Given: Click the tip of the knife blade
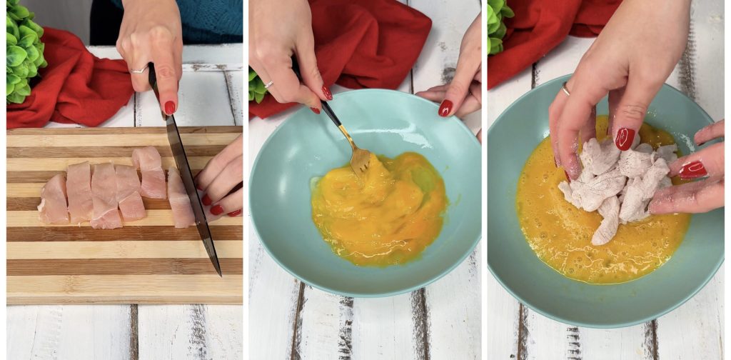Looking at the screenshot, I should (x=219, y=274).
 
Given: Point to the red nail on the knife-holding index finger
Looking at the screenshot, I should (x=170, y=107).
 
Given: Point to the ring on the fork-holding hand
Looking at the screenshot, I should (x=268, y=84).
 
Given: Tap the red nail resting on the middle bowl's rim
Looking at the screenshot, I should (x=445, y=108).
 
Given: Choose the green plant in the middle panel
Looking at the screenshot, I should (x=256, y=86).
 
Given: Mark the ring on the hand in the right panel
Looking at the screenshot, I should (x=565, y=89).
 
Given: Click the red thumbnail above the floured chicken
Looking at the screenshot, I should (x=625, y=138).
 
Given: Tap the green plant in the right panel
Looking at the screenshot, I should (x=498, y=25).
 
